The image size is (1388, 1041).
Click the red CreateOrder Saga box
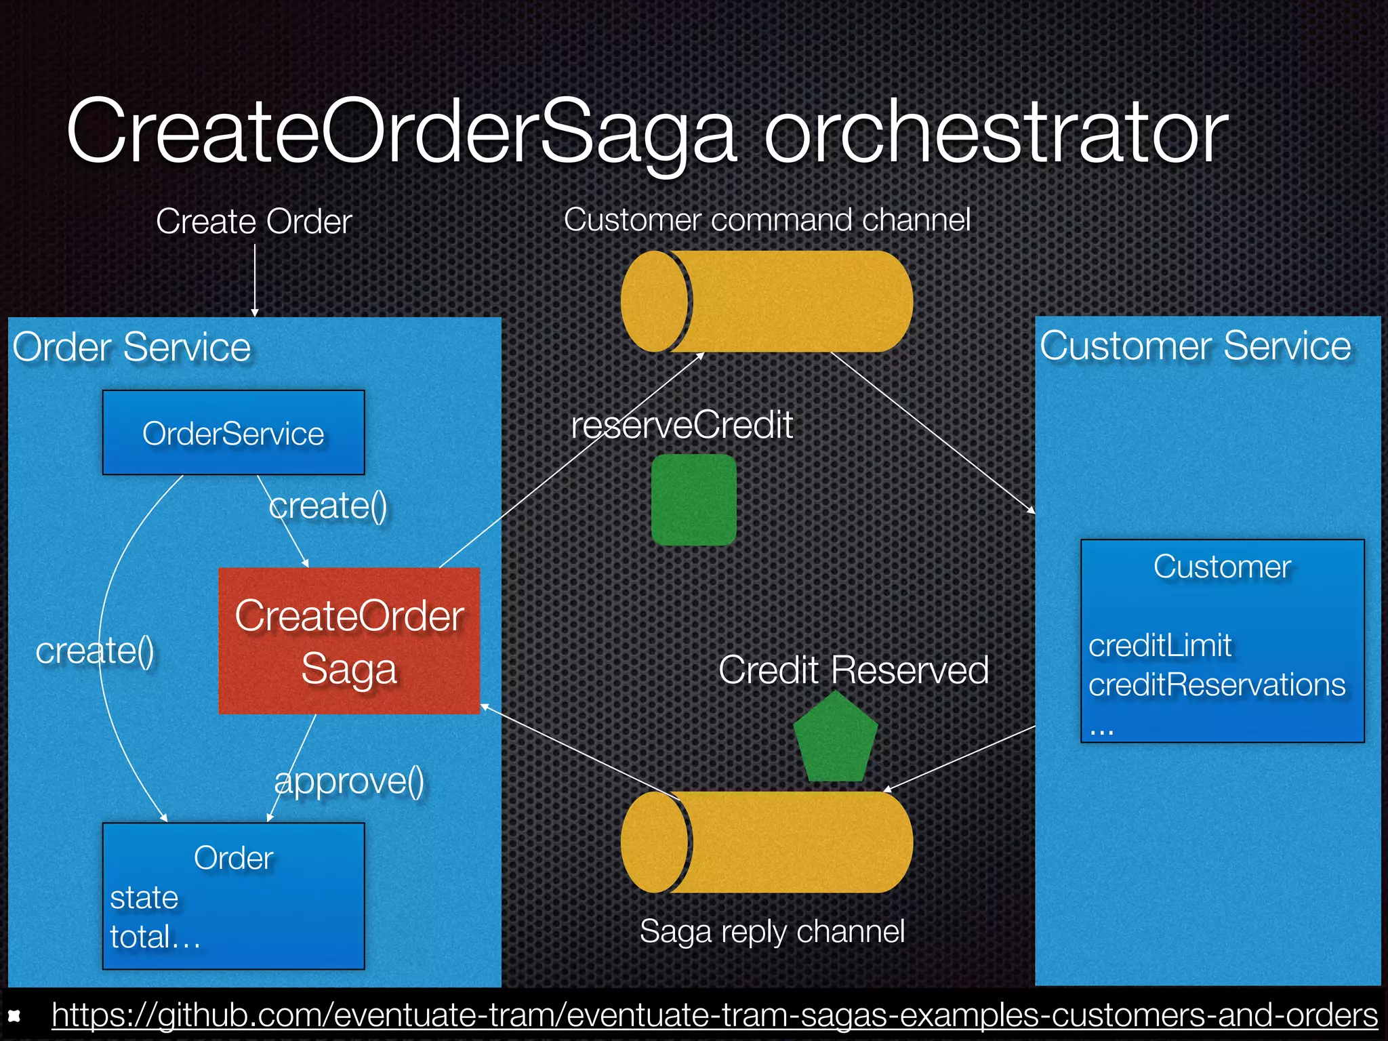pyautogui.click(x=349, y=640)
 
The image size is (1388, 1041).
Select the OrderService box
pyautogui.click(x=233, y=433)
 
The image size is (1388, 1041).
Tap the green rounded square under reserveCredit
pyautogui.click(x=693, y=499)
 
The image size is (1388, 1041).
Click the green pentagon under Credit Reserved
pyautogui.click(x=836, y=739)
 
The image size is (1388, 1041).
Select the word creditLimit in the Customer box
pyautogui.click(x=1160, y=645)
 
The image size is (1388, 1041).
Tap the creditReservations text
pyautogui.click(x=1217, y=685)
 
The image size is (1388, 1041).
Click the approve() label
pyautogui.click(x=349, y=781)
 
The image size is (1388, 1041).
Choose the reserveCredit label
pyautogui.click(x=682, y=426)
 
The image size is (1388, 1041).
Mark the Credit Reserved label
pyautogui.click(x=853, y=670)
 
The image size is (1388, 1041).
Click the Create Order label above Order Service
pyautogui.click(x=254, y=221)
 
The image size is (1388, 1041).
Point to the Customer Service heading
pyautogui.click(x=1196, y=346)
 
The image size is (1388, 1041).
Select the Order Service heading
pyautogui.click(x=131, y=347)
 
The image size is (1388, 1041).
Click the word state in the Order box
pyautogui.click(x=144, y=898)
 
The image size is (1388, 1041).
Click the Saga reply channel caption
pyautogui.click(x=772, y=931)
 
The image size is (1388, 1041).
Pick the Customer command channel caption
pyautogui.click(x=767, y=220)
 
